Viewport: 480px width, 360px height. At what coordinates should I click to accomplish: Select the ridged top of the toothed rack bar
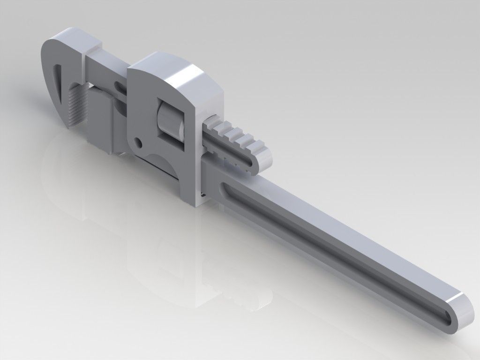point(234,136)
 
